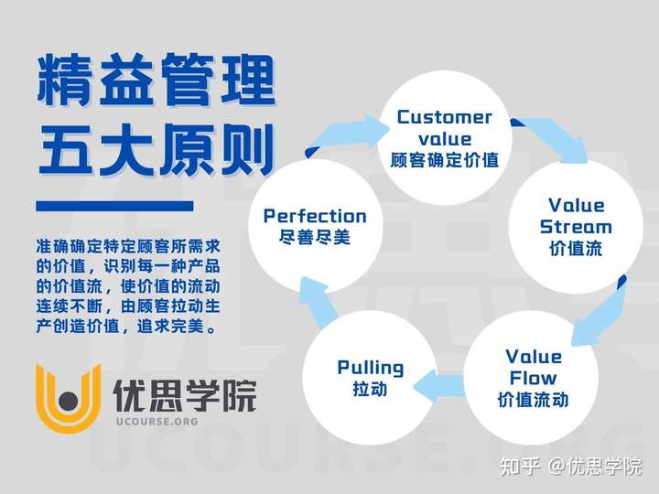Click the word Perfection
tap(315, 216)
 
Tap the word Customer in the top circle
tap(444, 117)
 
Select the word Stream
tap(576, 227)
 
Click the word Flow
tap(533, 378)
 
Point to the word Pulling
tap(371, 368)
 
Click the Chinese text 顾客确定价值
tap(444, 160)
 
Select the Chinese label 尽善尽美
tap(315, 237)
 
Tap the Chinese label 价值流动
tap(533, 399)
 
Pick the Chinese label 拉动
tap(371, 389)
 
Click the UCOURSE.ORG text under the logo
tap(157, 422)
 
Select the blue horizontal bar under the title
tap(114, 206)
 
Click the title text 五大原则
tap(157, 150)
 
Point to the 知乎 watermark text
tap(520, 467)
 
